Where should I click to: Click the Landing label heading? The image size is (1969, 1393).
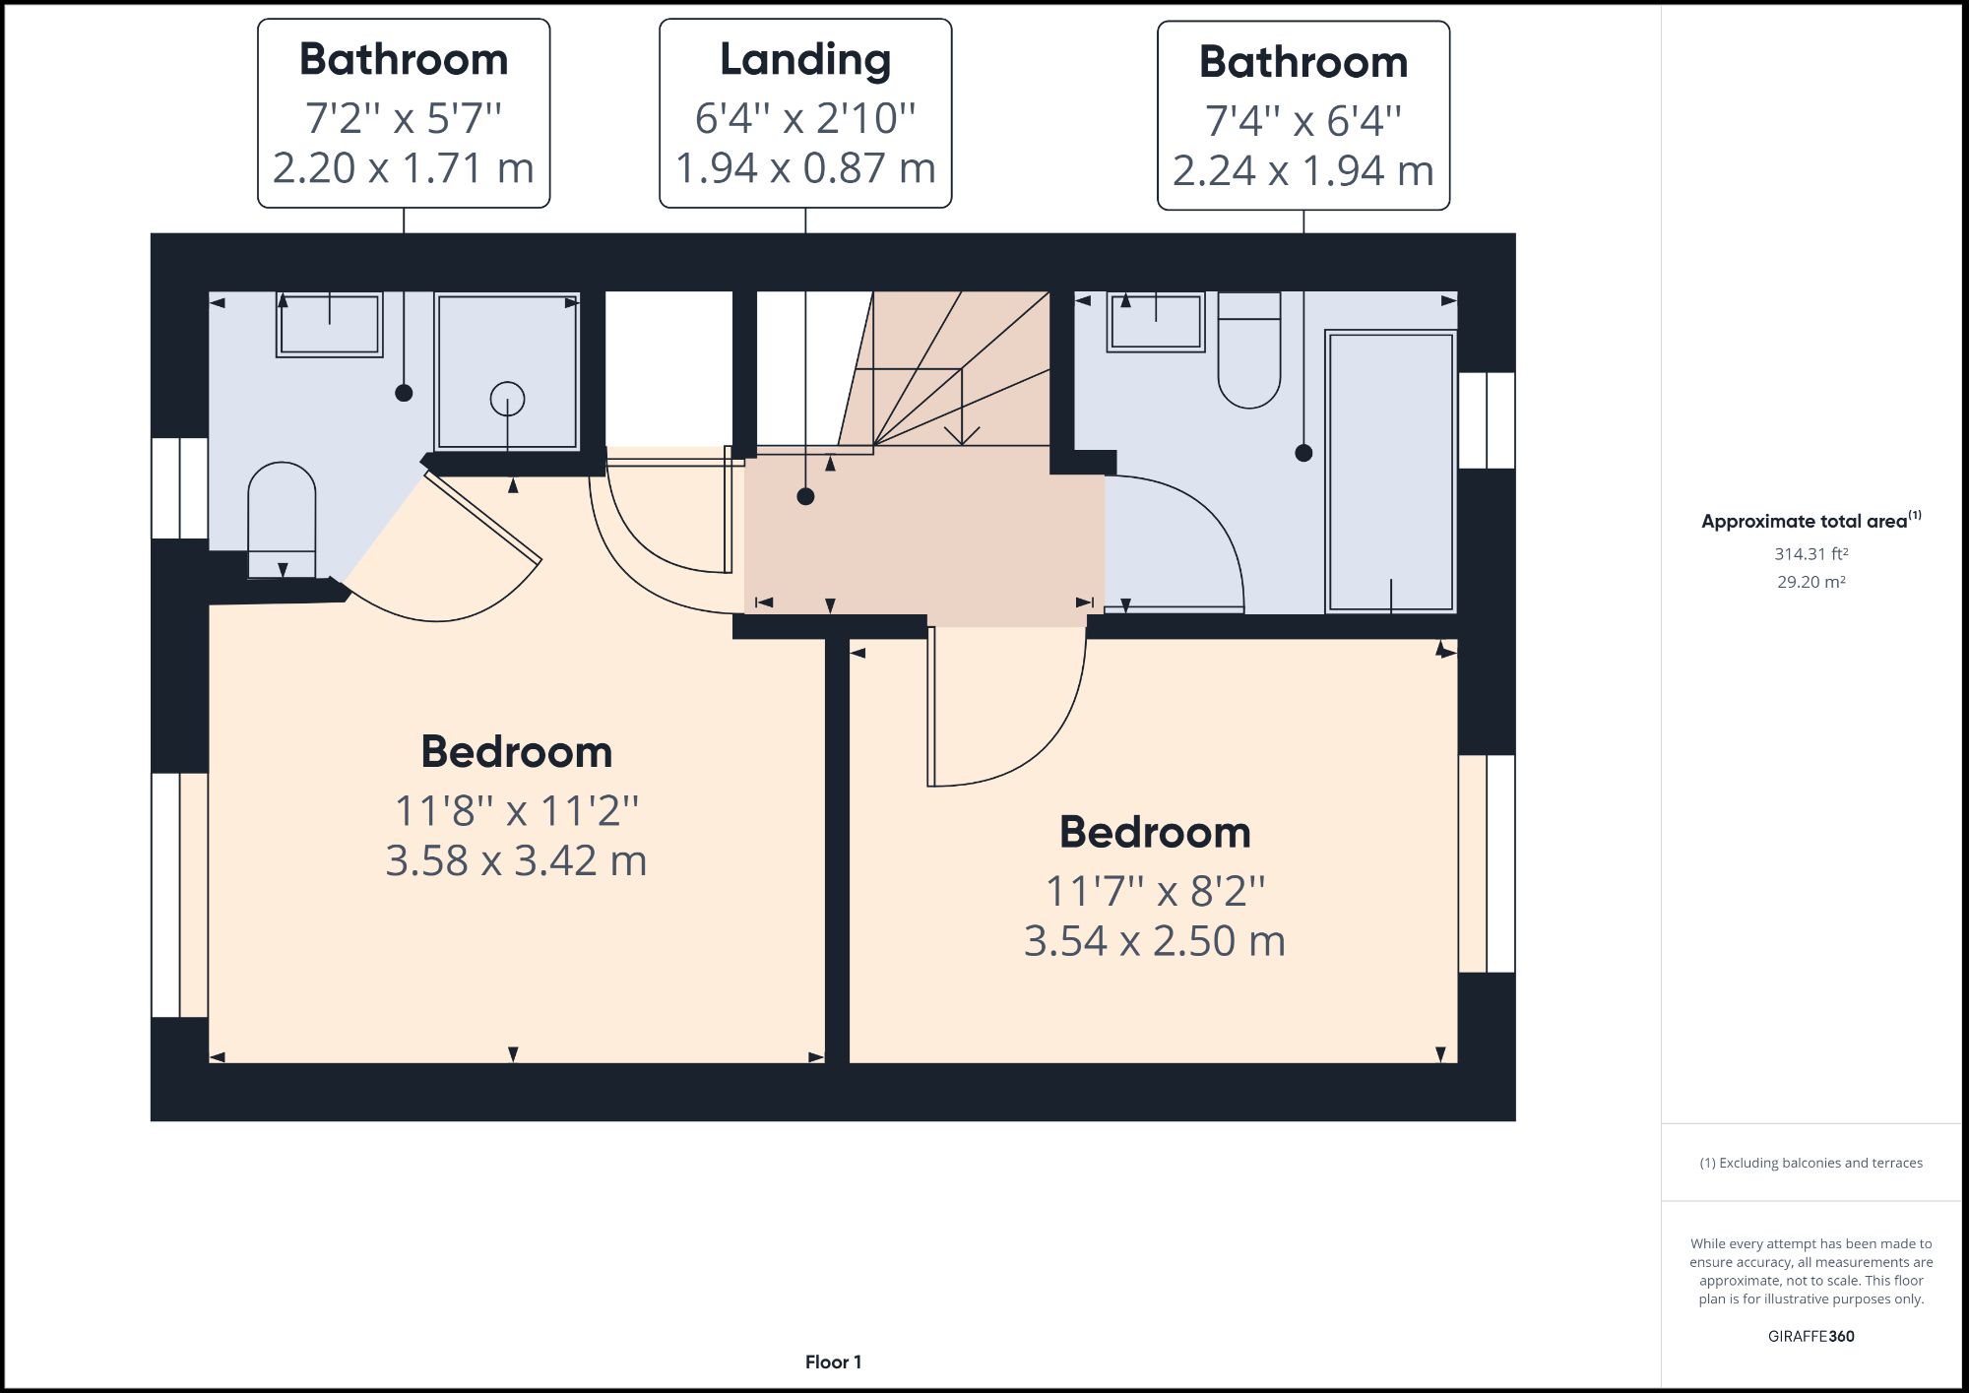click(x=805, y=60)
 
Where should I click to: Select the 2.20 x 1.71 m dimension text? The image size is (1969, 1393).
click(x=403, y=168)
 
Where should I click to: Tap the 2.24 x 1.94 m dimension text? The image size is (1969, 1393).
click(x=1302, y=171)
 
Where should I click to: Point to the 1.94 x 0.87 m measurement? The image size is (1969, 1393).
click(x=805, y=168)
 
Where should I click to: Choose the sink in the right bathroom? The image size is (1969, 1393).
click(x=1156, y=322)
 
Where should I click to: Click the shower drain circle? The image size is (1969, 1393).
click(x=507, y=399)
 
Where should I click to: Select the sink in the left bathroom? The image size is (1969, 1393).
click(x=329, y=324)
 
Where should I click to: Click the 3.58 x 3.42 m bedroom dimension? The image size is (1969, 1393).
click(x=516, y=861)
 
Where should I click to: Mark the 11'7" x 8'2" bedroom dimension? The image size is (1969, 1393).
click(x=1155, y=892)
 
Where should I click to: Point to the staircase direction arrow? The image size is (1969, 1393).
click(x=962, y=433)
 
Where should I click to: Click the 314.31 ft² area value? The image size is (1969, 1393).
click(x=1810, y=554)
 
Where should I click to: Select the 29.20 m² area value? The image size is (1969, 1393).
click(x=1810, y=582)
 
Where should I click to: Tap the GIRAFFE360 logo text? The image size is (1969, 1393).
click(x=1810, y=1336)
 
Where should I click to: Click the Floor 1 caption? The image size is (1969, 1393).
click(x=833, y=1362)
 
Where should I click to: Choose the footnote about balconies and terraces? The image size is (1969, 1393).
click(x=1810, y=1163)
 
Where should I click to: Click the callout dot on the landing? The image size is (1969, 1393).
click(x=805, y=496)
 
